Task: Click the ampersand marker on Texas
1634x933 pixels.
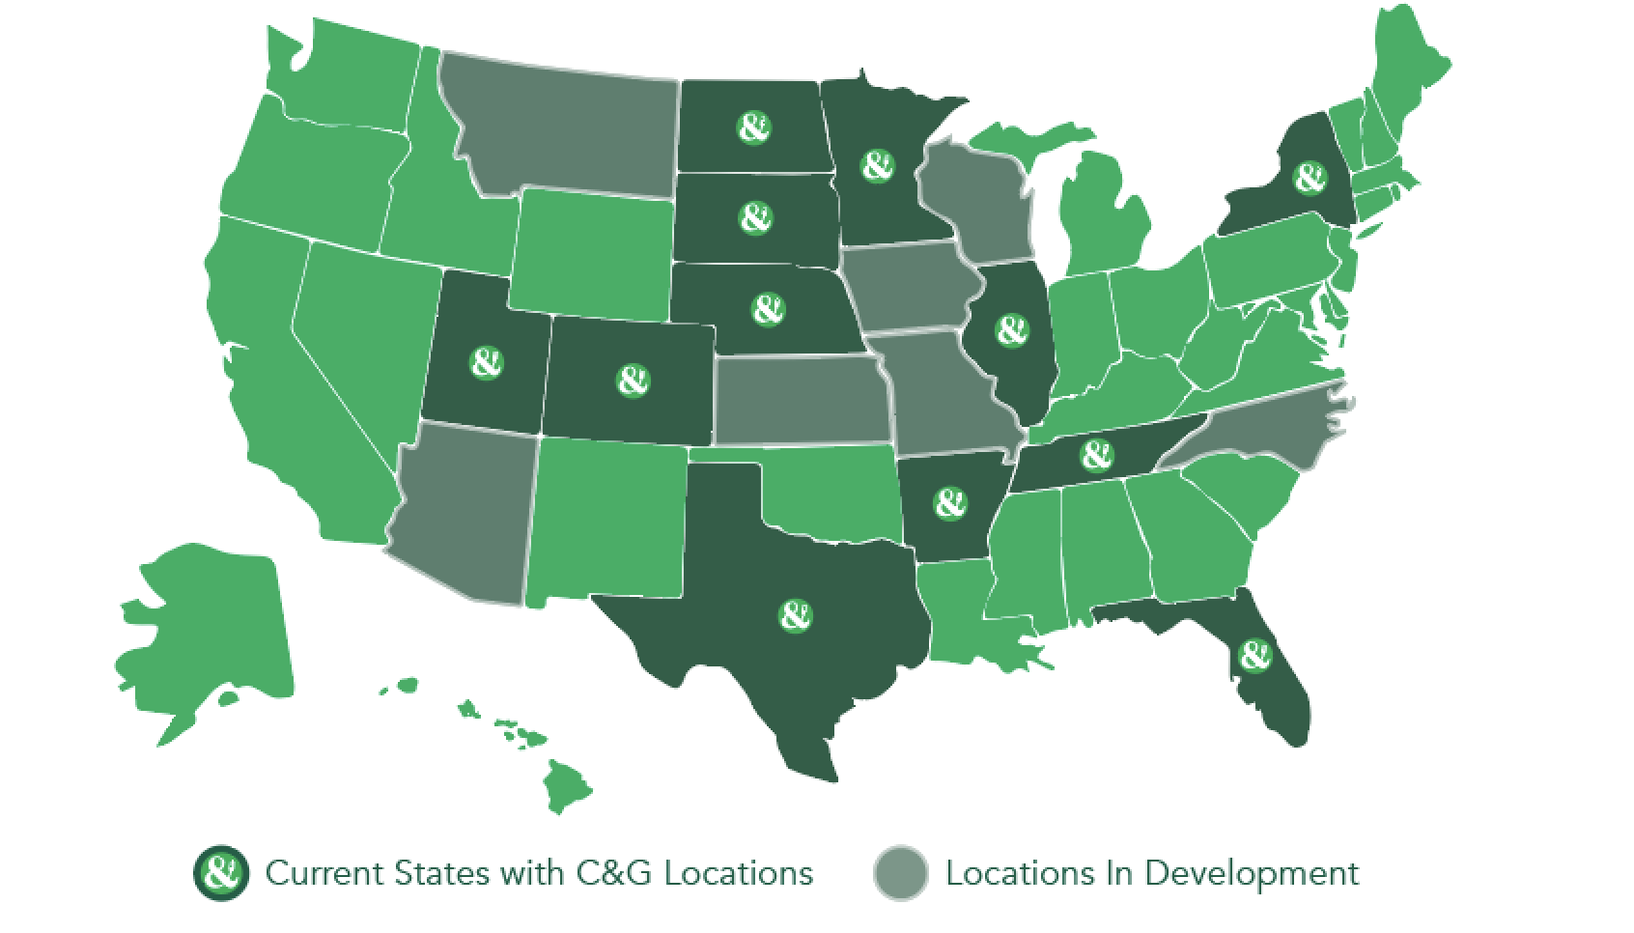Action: (794, 615)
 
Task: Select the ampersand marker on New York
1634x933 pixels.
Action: (1309, 179)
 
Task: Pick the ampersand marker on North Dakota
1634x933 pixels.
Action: (753, 127)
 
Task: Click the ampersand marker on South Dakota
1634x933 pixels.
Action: (756, 217)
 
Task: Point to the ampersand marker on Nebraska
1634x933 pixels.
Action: (768, 309)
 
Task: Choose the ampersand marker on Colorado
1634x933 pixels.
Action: (633, 380)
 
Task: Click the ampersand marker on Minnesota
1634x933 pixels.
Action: (876, 165)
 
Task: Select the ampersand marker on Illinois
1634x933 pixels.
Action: (1011, 330)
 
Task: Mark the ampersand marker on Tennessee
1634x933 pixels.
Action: (1095, 452)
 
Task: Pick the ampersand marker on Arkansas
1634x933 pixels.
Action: (950, 503)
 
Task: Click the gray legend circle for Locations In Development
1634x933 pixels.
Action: (900, 874)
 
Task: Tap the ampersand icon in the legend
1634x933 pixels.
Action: (222, 874)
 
